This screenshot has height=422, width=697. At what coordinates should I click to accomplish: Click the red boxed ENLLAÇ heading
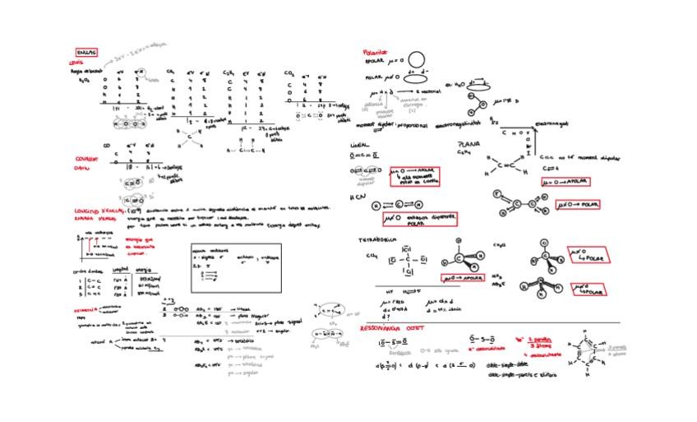pyautogui.click(x=86, y=52)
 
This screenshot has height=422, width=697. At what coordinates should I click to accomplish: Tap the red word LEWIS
pyautogui.click(x=76, y=62)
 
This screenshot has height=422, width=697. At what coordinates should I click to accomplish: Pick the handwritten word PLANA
pyautogui.click(x=469, y=144)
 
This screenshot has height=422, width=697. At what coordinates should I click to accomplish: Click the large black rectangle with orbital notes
pyautogui.click(x=235, y=267)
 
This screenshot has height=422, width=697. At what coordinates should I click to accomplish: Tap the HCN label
pyautogui.click(x=356, y=197)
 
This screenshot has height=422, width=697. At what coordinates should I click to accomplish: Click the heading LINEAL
pyautogui.click(x=360, y=145)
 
